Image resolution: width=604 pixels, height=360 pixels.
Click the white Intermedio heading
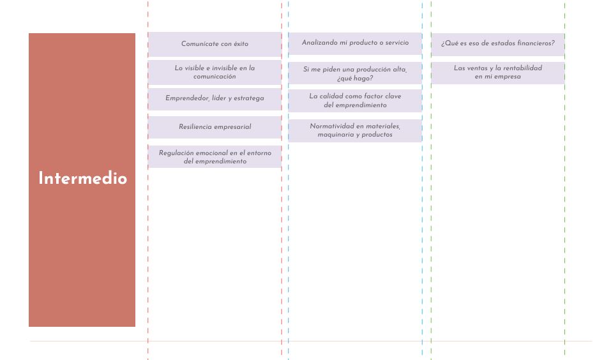(82, 178)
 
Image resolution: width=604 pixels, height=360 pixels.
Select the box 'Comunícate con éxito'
(215, 44)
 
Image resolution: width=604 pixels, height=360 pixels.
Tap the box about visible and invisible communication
(215, 72)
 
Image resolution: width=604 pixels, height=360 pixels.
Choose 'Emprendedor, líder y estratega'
(215, 99)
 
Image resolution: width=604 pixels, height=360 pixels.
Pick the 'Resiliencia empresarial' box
(215, 127)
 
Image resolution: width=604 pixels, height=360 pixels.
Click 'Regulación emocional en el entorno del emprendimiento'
(215, 157)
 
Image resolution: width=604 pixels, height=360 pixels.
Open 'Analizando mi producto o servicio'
(355, 43)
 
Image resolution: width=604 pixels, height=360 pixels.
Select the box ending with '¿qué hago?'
(355, 73)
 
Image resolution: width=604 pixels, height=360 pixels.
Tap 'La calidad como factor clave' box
(355, 101)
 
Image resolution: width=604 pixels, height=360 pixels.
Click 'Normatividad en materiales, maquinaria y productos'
(355, 130)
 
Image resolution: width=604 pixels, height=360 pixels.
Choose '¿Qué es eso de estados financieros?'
(497, 44)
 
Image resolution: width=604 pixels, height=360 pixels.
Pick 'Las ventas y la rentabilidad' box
(497, 73)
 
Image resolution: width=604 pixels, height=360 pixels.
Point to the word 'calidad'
(331, 96)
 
